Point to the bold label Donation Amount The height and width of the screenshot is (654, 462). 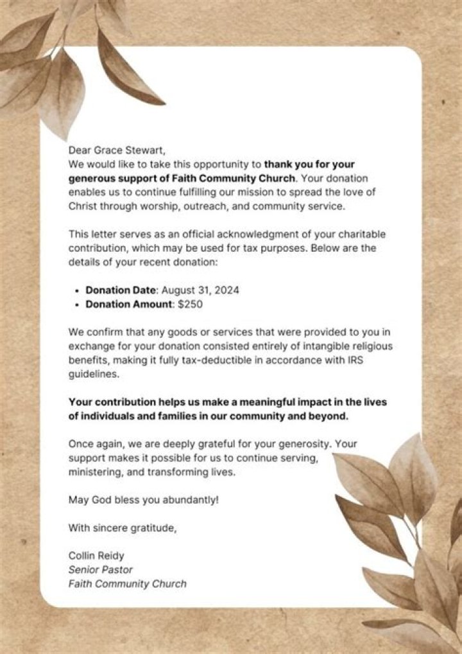click(128, 305)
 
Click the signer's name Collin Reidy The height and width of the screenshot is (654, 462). click(96, 556)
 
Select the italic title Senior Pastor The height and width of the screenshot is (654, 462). click(100, 570)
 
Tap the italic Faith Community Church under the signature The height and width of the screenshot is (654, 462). click(127, 584)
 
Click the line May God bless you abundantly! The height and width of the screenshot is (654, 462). click(143, 499)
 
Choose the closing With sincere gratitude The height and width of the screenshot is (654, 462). click(121, 528)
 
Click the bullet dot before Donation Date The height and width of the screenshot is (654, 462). click(77, 290)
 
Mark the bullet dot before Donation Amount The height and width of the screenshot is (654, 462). click(77, 305)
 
